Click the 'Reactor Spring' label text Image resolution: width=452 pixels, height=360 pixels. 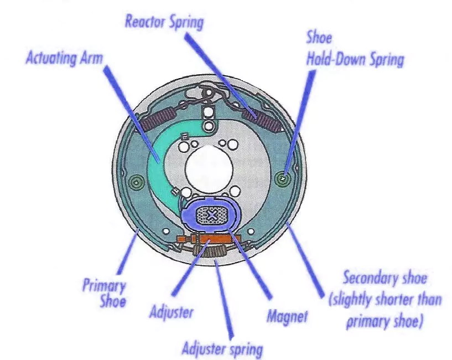coord(164,23)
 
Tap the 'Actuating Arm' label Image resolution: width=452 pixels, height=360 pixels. coord(64,58)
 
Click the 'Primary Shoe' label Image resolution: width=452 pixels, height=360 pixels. coord(104,294)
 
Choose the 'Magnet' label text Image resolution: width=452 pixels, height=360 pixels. coord(287,317)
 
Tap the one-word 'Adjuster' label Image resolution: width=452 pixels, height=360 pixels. coord(172,312)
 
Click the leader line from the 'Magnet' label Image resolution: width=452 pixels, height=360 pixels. coord(254,266)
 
